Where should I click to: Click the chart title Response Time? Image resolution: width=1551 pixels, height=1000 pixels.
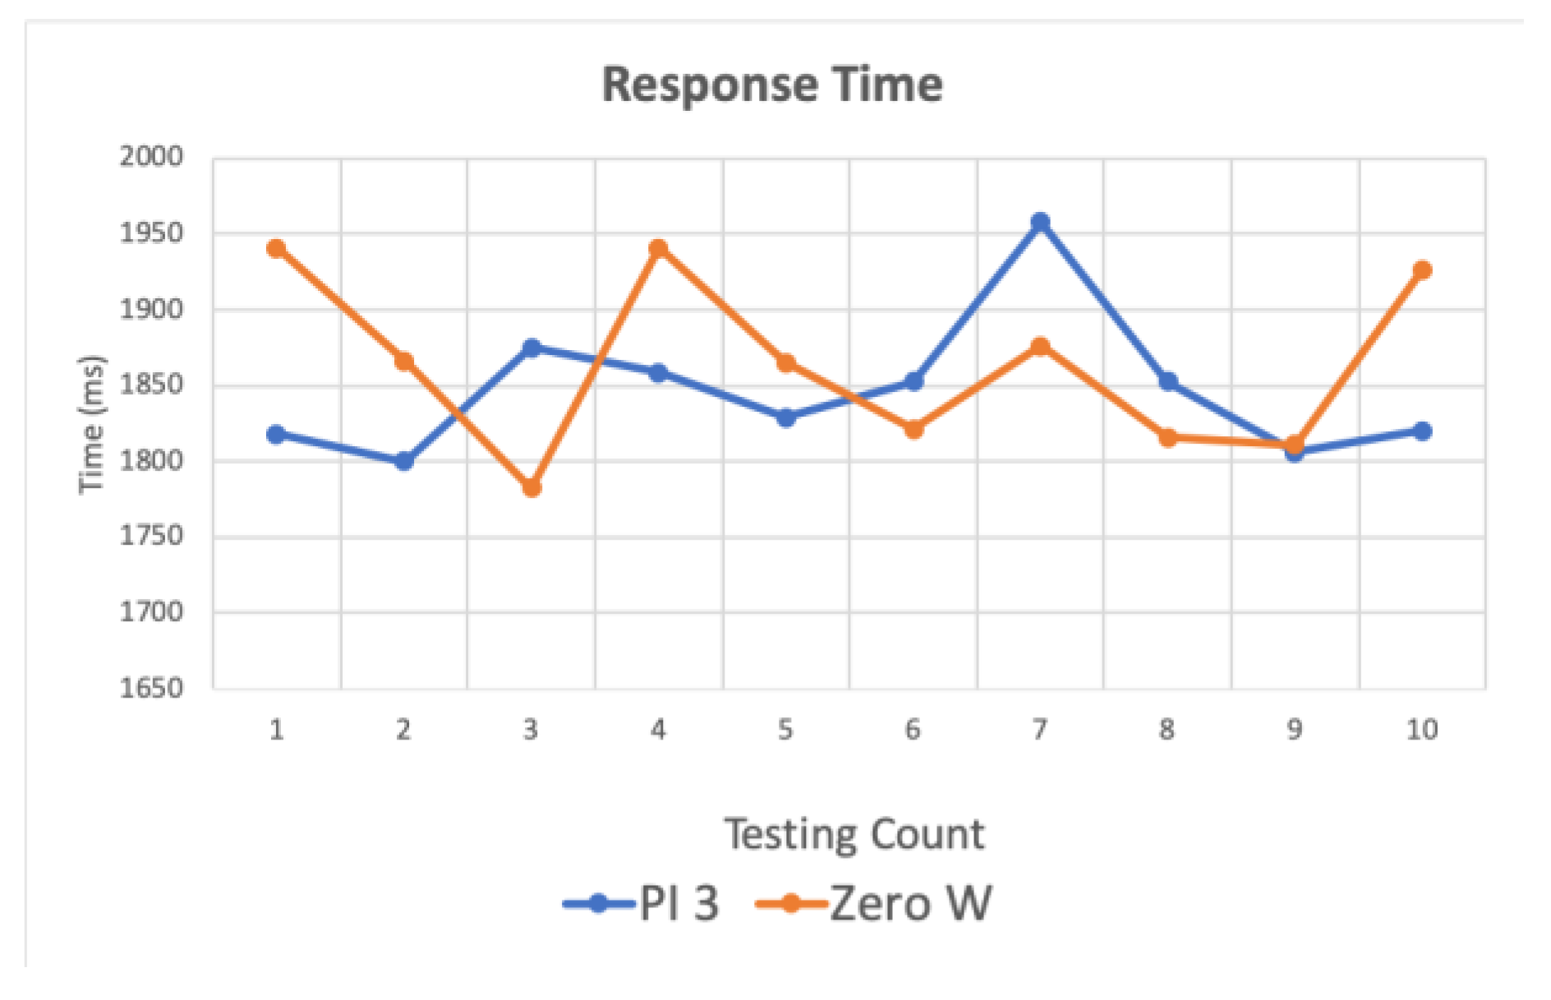772,85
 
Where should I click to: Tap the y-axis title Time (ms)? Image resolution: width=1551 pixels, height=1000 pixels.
92,424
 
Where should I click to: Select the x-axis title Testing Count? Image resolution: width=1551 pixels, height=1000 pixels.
854,834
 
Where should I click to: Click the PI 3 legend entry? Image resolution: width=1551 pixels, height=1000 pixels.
642,904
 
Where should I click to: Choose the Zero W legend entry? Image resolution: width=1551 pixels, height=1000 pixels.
874,904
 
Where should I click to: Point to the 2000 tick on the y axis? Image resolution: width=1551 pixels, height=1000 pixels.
152,156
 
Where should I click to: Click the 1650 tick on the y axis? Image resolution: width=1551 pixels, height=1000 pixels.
152,688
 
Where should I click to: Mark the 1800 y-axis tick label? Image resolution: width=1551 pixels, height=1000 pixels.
152,460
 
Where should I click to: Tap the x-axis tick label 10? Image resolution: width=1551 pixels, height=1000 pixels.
1422,730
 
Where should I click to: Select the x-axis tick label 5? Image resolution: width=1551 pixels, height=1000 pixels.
785,730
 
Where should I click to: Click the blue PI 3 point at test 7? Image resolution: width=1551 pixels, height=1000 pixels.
1040,222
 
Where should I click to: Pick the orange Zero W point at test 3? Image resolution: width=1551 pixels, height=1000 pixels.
532,488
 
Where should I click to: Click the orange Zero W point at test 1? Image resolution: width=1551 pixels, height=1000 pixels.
277,248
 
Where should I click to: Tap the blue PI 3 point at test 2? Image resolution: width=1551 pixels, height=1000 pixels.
404,461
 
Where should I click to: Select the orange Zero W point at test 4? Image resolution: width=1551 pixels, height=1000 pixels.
658,248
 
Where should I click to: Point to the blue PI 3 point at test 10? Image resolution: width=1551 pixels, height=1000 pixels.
1422,431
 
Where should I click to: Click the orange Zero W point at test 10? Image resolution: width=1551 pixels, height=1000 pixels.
1422,270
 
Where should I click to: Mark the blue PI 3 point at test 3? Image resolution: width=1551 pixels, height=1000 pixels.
532,348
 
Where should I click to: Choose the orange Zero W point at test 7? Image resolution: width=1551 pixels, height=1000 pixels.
1040,347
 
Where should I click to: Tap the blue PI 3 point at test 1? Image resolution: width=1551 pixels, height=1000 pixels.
277,434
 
